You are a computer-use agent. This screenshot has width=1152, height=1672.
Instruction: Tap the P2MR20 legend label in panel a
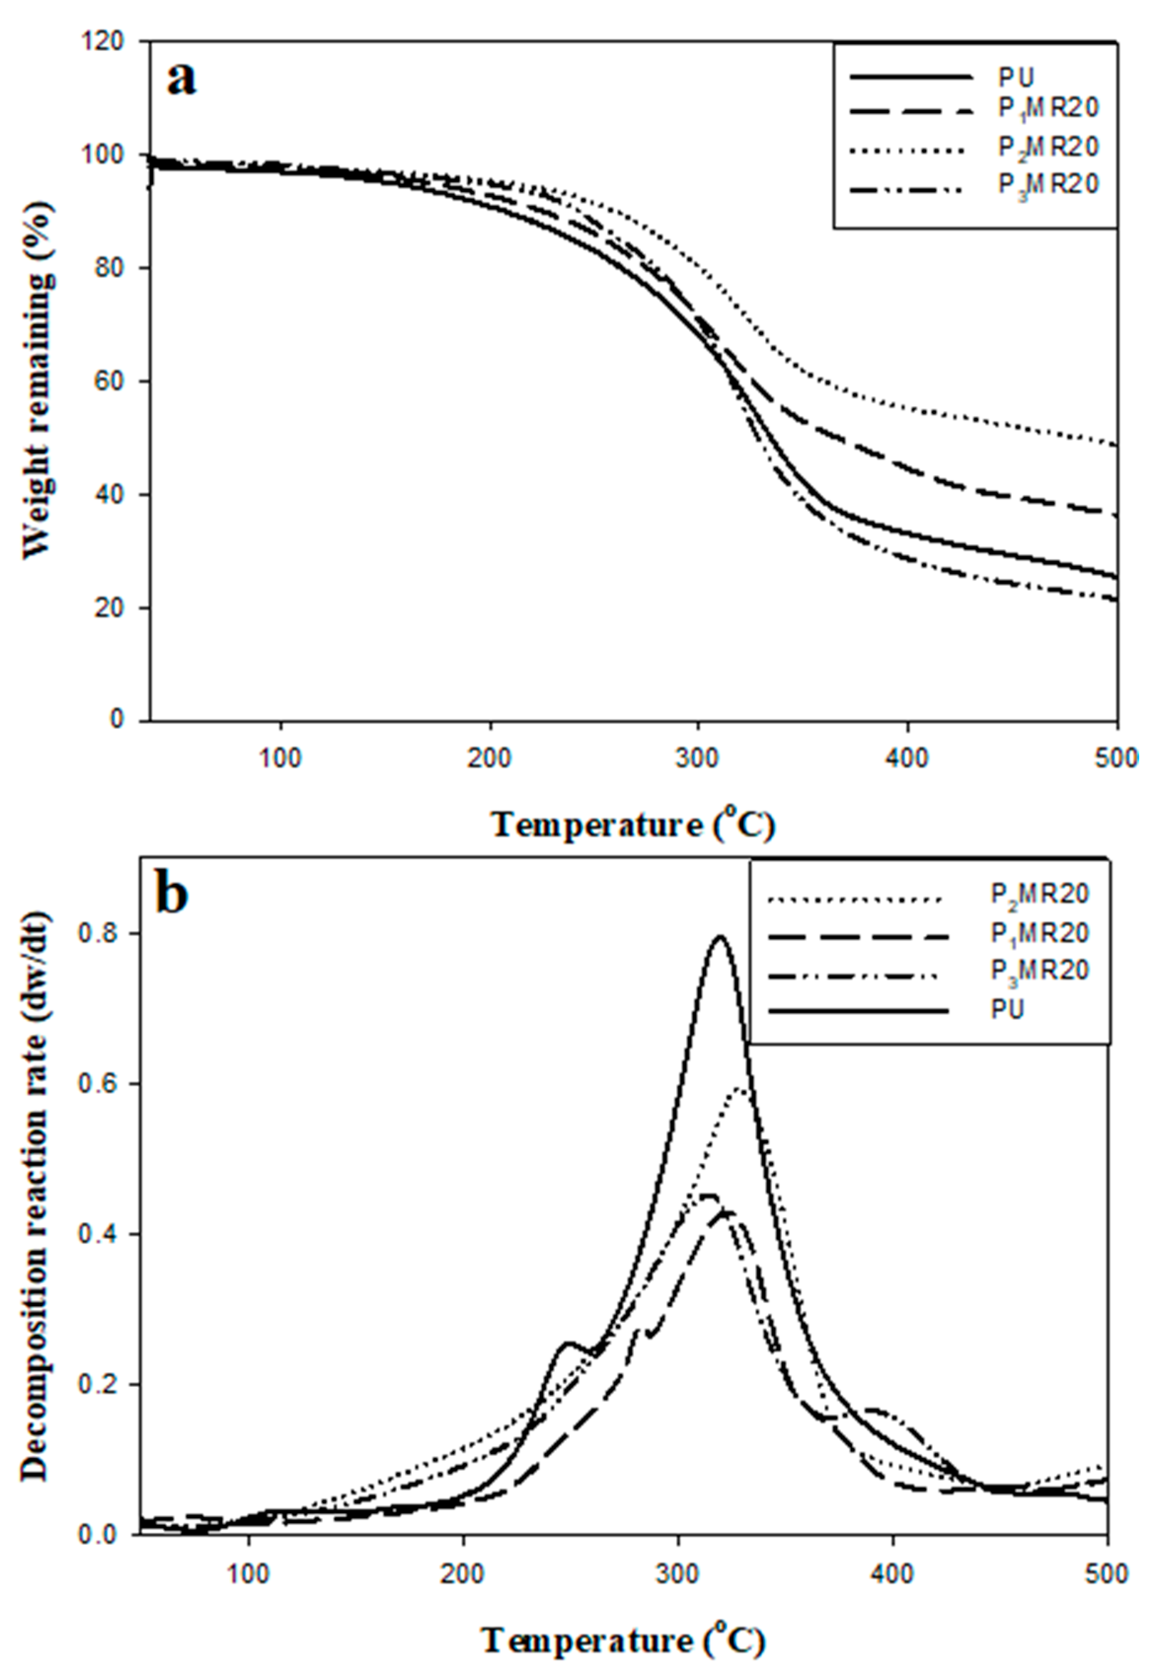(x=1048, y=147)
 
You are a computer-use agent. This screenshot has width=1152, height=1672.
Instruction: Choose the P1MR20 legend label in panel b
(x=1039, y=934)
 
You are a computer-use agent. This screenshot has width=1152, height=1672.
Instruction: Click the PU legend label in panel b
(x=1007, y=1010)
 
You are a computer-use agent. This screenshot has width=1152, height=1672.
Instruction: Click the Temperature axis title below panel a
(x=634, y=825)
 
